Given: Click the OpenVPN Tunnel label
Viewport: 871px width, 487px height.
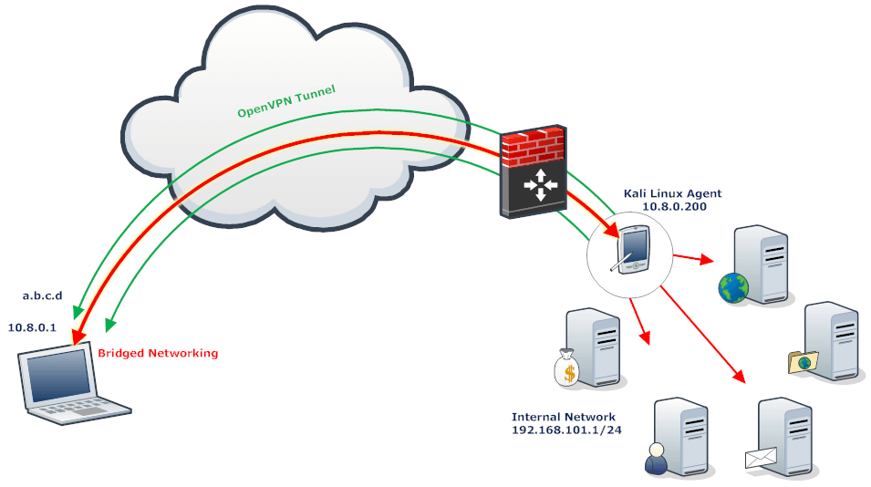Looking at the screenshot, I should [286, 100].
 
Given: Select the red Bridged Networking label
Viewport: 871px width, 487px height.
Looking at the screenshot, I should [158, 353].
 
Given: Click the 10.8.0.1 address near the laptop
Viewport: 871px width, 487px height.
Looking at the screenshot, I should [33, 326].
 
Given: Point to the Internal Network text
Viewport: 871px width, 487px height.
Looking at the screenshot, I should [564, 417].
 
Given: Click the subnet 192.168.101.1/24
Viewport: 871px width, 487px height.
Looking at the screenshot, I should [566, 430].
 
